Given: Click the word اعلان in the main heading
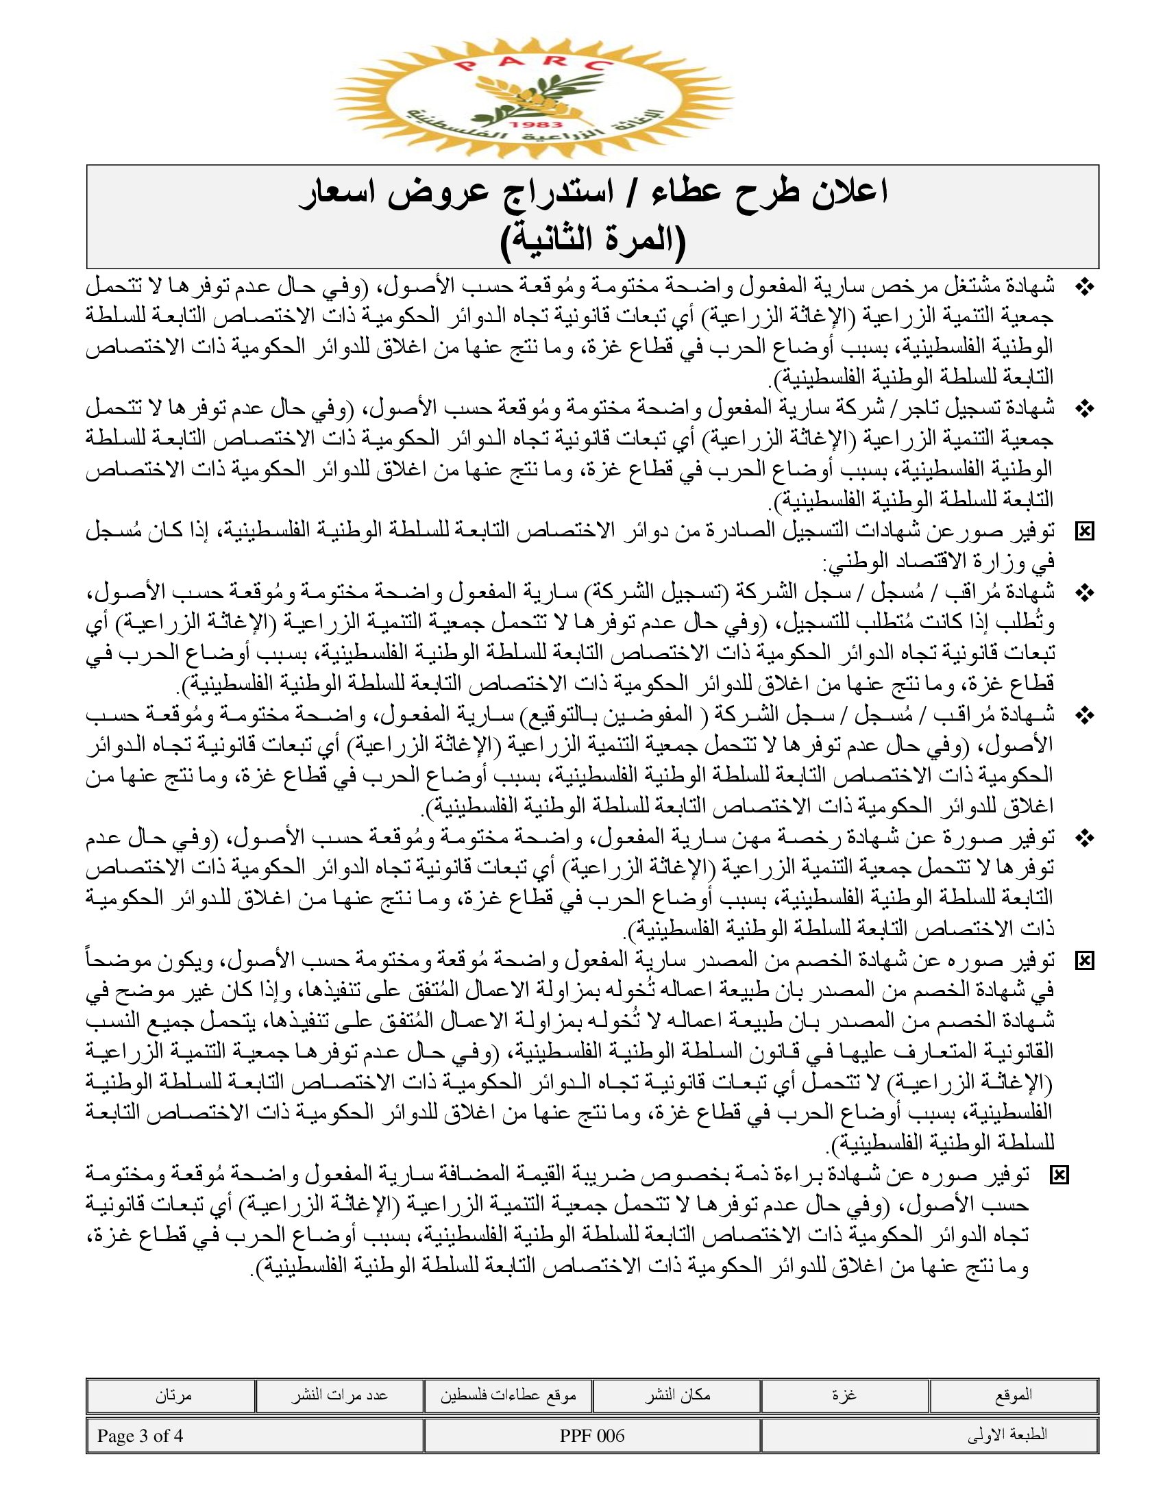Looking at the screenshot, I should coord(843,192).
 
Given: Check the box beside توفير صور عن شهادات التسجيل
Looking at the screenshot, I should coord(1085,532).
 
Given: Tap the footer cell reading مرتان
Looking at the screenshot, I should coord(173,1395).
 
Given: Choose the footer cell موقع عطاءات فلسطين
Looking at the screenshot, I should coord(508,1395).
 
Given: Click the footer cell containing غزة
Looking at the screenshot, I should coord(844,1395).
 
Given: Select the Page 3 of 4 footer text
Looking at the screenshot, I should coord(140,1435).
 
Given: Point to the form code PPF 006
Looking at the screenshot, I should coord(592,1435).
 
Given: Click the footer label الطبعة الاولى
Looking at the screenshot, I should coord(1007,1435).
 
